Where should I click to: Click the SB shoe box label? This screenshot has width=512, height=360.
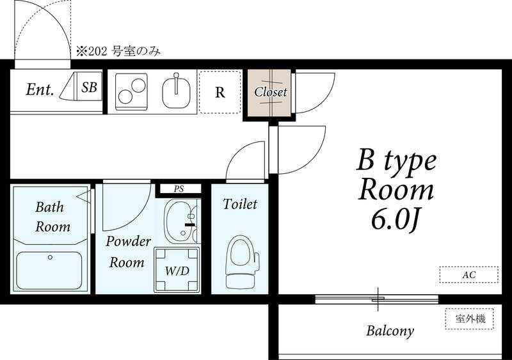pos(89,87)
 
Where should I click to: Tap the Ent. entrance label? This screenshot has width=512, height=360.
pos(40,89)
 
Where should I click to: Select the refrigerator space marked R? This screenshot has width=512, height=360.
pos(220,92)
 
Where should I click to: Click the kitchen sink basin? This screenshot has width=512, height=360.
pos(177,91)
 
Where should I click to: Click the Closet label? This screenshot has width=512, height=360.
pos(270,92)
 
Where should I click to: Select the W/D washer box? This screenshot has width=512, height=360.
pos(177,270)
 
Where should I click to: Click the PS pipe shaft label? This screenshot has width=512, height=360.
pos(179,189)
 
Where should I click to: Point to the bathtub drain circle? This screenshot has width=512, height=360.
pos(50,257)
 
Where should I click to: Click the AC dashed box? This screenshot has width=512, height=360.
pos(469,274)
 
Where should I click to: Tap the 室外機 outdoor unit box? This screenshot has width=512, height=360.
pos(470,318)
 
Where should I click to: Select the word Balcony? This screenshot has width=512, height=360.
pos(390,331)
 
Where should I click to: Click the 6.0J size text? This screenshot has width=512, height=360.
pos(395,220)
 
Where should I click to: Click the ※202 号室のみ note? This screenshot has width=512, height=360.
pos(118,52)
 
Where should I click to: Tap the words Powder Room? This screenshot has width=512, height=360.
pos(127,252)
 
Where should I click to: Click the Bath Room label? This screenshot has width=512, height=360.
pos(52,217)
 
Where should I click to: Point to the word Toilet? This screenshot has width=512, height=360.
pos(240,204)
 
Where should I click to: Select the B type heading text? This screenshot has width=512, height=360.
pos(397,161)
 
